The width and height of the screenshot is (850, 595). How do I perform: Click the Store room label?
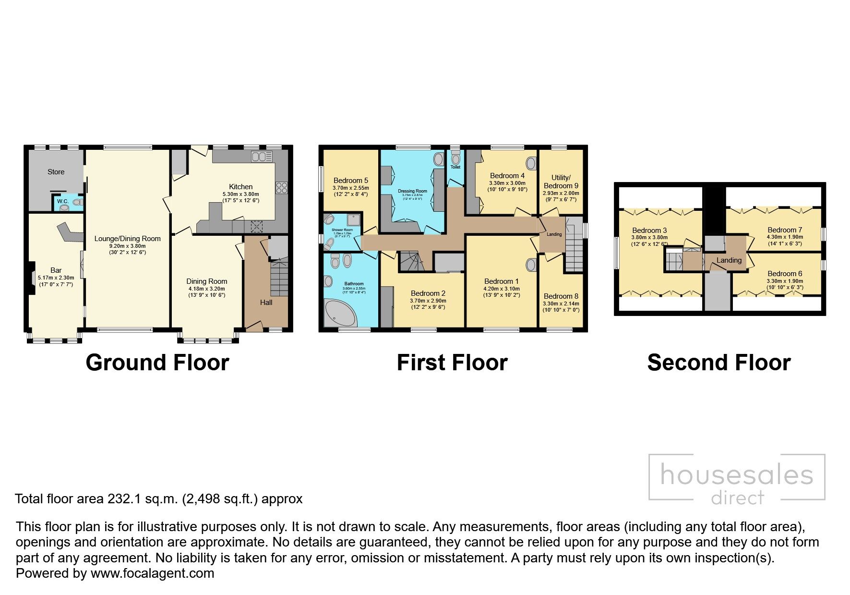click(x=56, y=171)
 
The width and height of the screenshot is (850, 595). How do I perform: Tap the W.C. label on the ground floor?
click(x=62, y=201)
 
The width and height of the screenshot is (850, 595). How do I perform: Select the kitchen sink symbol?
click(x=262, y=157)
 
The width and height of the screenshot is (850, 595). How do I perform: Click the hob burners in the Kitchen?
click(x=281, y=188)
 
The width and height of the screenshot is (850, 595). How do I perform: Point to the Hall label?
click(x=266, y=302)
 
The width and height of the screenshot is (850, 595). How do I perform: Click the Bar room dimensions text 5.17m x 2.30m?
click(x=56, y=278)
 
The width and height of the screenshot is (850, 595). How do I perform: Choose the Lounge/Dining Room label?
click(x=127, y=239)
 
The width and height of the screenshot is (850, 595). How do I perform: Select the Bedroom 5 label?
click(x=350, y=181)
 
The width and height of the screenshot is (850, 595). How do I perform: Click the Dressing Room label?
click(x=412, y=191)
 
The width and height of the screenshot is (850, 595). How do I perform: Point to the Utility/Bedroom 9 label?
click(x=561, y=182)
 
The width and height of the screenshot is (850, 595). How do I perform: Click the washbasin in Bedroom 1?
click(x=531, y=265)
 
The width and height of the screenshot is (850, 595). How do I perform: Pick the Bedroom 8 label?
click(x=561, y=296)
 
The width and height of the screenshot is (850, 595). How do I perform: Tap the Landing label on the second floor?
click(x=729, y=260)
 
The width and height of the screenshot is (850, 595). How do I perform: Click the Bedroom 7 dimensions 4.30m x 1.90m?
click(x=785, y=237)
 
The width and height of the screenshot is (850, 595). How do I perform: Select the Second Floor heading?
click(x=718, y=363)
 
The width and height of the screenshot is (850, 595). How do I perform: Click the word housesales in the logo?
click(x=737, y=475)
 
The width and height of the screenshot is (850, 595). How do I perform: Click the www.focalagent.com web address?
click(x=152, y=573)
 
